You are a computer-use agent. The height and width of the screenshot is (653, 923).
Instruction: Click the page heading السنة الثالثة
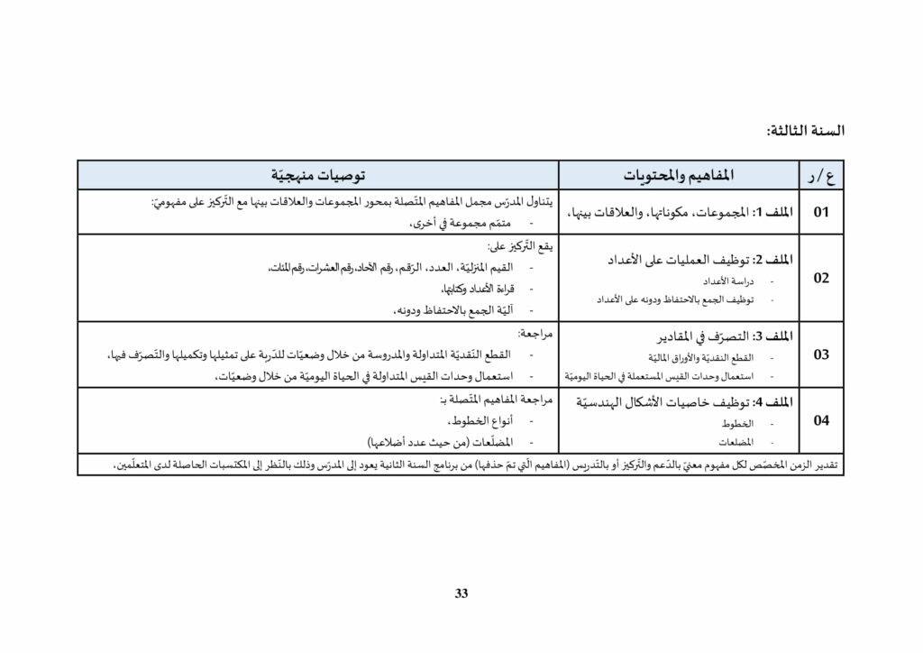(805, 131)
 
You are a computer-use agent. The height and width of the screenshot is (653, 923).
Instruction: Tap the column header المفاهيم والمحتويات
(680, 174)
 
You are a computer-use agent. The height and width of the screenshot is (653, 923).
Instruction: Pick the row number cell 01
(820, 213)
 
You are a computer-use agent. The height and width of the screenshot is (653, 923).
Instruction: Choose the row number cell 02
(820, 278)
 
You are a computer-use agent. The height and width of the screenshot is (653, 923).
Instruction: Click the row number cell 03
(820, 354)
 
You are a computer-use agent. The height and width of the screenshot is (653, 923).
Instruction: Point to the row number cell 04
(820, 420)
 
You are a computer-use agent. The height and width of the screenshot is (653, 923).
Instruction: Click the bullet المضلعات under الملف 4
(737, 442)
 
